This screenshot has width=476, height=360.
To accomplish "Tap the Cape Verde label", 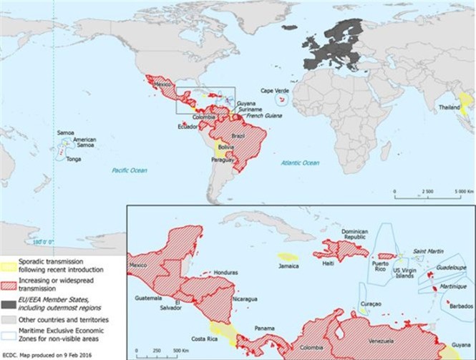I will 274,91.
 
